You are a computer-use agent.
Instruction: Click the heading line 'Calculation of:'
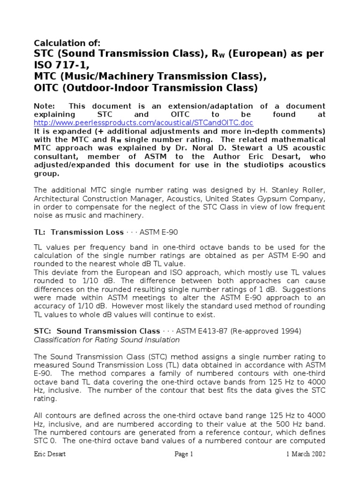(67, 43)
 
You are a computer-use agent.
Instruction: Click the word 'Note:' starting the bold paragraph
(45, 106)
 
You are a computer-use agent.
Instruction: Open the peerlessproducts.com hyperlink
(143, 123)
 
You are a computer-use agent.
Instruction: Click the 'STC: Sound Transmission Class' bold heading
(96, 331)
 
